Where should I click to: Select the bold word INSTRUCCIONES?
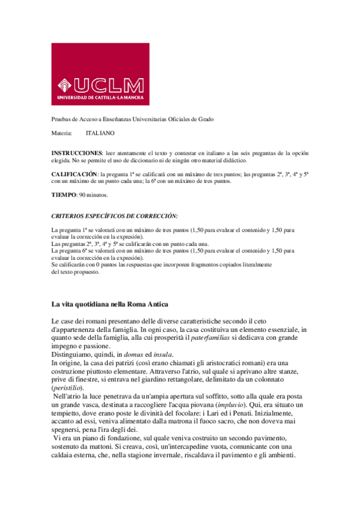[x=76, y=153]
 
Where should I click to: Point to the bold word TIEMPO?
[x=64, y=195]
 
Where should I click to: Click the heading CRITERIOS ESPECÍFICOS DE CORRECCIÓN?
[x=114, y=215]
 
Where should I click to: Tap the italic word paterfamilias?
[x=212, y=339]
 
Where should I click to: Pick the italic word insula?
[x=162, y=355]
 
